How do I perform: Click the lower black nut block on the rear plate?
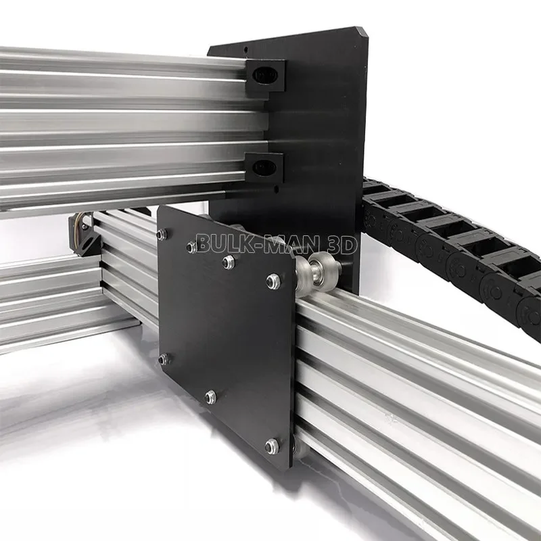[x=264, y=167]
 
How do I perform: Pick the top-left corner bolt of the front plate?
[x=162, y=235]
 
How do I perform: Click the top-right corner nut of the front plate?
[x=273, y=280]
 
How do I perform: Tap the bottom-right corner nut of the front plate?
[x=272, y=446]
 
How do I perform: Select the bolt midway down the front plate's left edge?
[x=163, y=359]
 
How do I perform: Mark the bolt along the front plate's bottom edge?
[x=211, y=397]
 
